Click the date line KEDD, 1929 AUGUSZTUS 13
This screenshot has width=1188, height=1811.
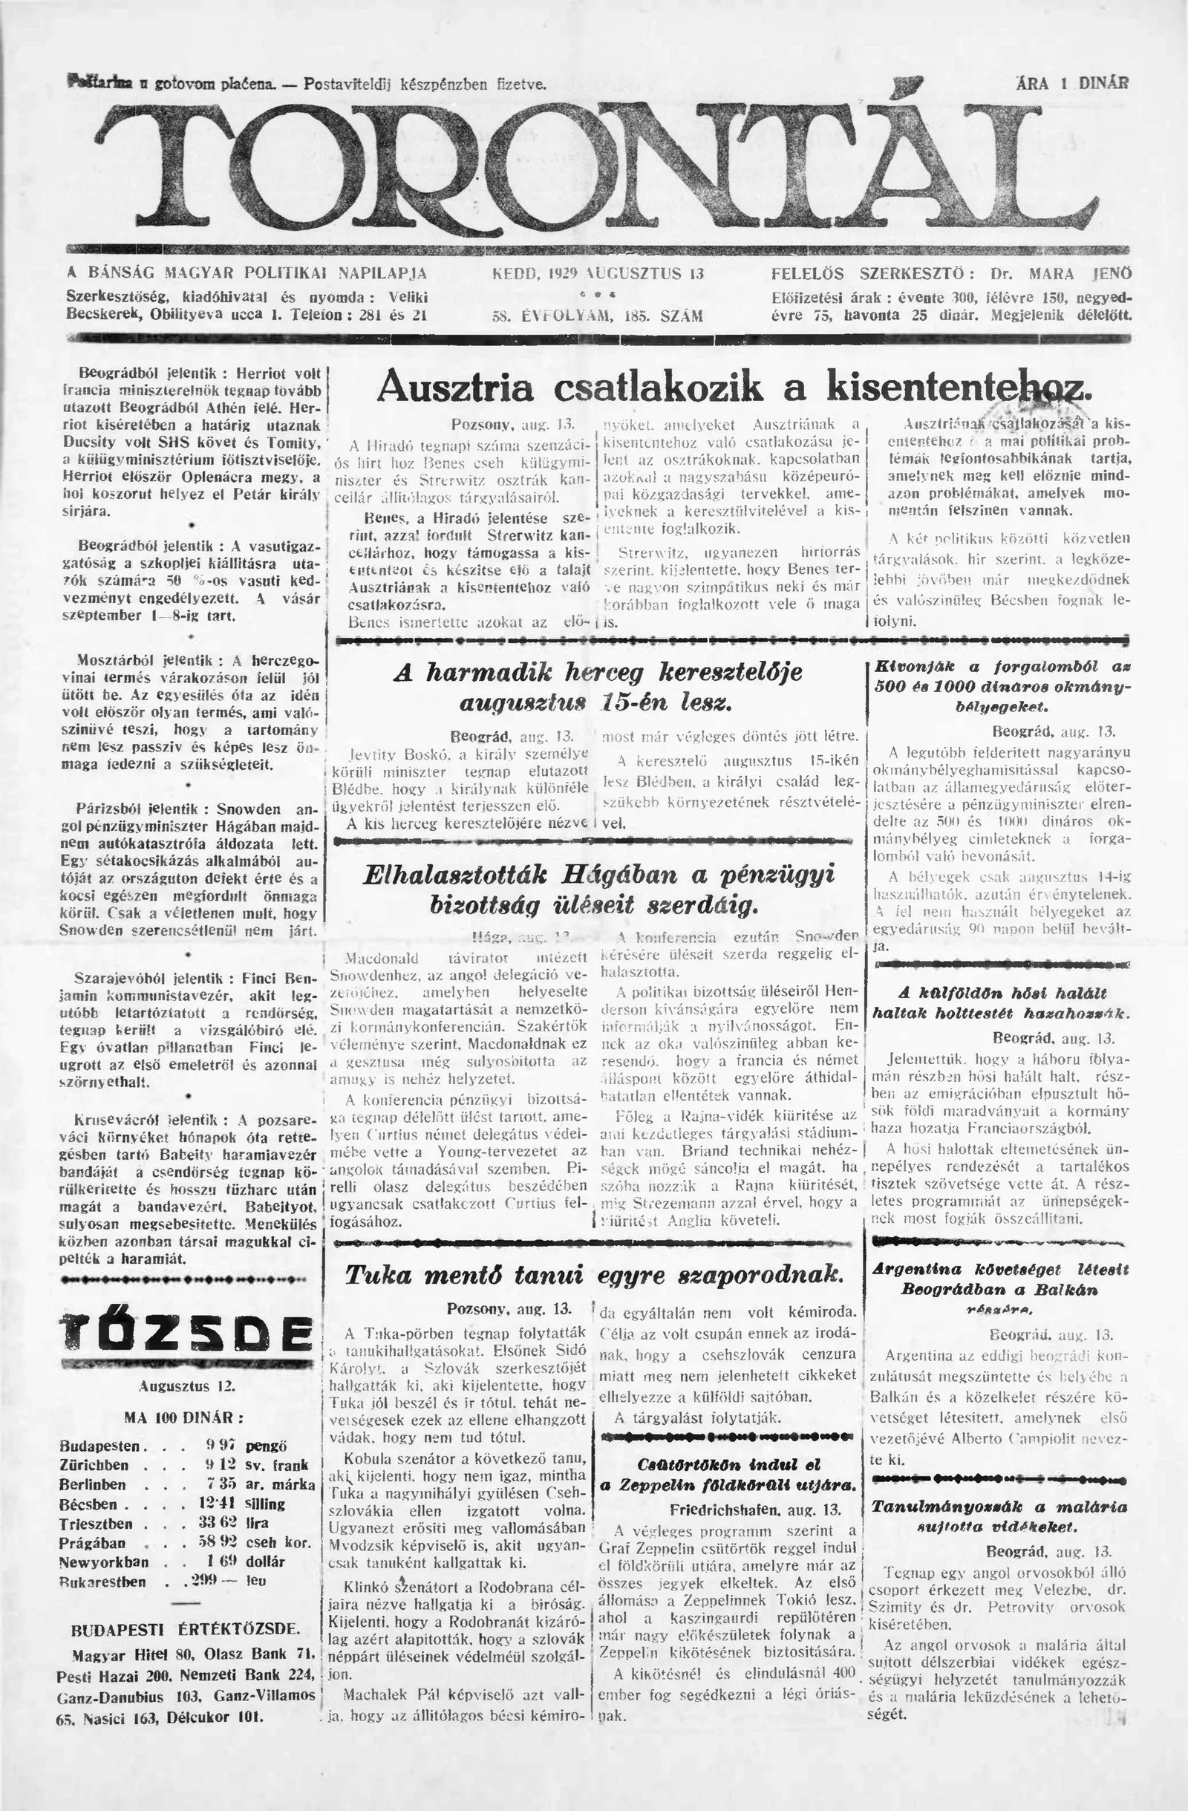598,274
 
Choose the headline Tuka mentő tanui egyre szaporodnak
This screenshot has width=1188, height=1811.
593,1273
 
